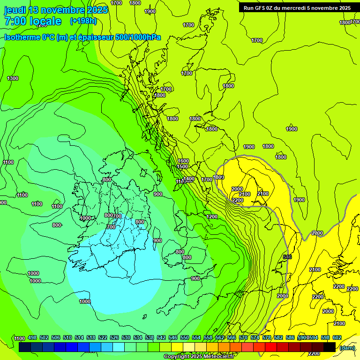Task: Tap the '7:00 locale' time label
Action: [x=33, y=21]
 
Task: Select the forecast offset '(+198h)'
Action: [x=84, y=21]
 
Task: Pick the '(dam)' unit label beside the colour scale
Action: [x=347, y=347]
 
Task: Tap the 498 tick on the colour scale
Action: [x=32, y=337]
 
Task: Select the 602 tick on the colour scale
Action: [x=337, y=337]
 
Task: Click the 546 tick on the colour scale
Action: [x=173, y=337]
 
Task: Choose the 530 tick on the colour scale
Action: [x=126, y=337]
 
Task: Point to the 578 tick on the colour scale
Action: [x=267, y=337]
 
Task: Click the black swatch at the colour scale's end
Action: [x=330, y=347]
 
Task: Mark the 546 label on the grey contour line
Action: [x=287, y=257]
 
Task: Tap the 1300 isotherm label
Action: [x=13, y=78]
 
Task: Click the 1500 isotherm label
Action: [x=183, y=166]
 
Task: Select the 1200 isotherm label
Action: [x=212, y=217]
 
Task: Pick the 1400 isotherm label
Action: [x=189, y=179]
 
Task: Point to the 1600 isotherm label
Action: [x=183, y=161]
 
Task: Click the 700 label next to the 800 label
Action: [x=117, y=216]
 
